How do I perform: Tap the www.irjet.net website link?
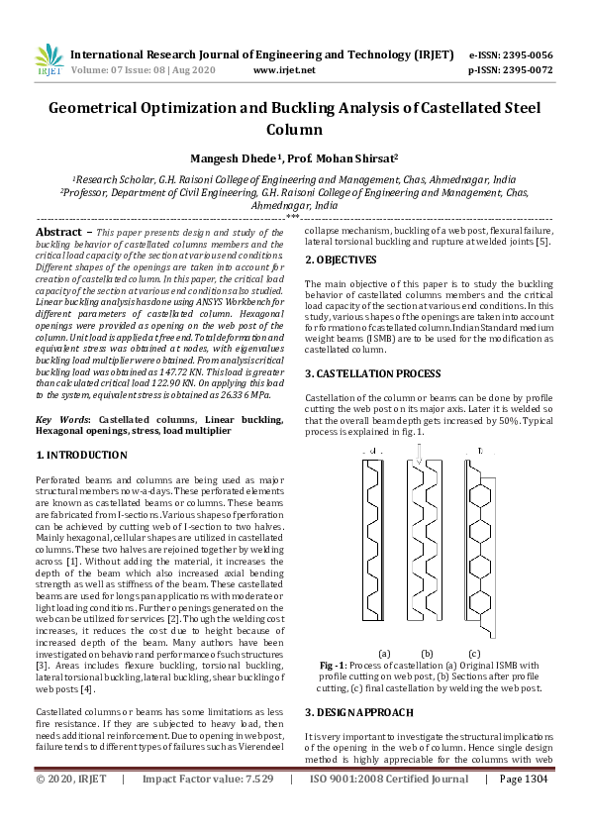click(284, 70)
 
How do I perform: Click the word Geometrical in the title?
click(108, 110)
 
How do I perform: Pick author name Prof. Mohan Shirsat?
click(335, 158)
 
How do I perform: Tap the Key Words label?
click(63, 420)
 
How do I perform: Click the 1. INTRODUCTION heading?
click(81, 455)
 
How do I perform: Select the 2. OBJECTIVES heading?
click(340, 260)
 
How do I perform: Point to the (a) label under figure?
click(384, 653)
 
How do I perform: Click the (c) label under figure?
click(474, 653)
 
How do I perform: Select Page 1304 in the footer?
click(524, 807)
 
